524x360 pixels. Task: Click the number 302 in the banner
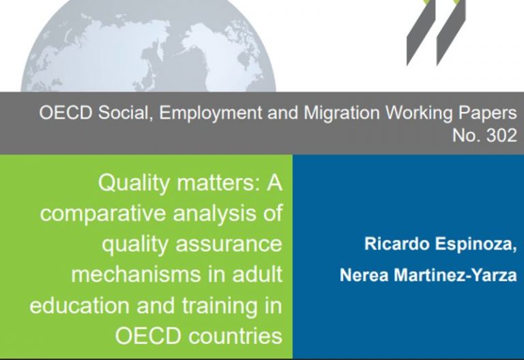click(x=501, y=136)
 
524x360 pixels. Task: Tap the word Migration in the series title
click(x=342, y=114)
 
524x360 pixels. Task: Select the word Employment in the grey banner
click(x=211, y=114)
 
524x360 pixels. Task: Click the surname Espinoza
click(x=476, y=245)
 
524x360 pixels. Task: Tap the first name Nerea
click(x=364, y=275)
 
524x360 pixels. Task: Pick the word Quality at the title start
click(x=134, y=183)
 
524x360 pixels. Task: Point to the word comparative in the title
click(x=102, y=213)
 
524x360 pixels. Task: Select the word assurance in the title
click(x=229, y=244)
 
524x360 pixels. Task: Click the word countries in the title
click(x=235, y=336)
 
